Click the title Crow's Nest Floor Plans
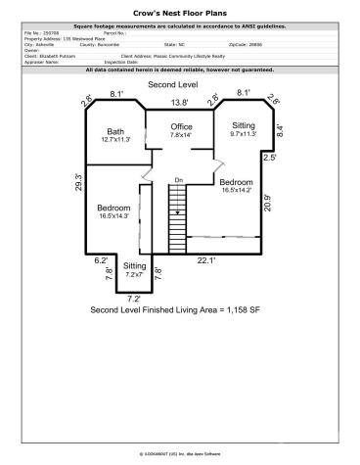point(180,14)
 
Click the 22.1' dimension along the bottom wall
point(207,260)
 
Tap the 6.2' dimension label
point(101,260)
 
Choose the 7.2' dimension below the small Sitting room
point(134,298)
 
